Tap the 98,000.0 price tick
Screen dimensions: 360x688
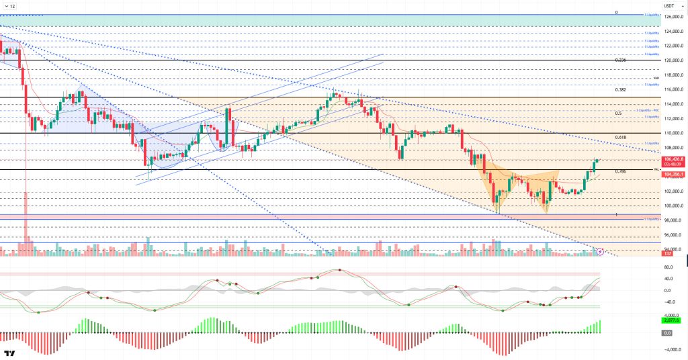tap(673, 220)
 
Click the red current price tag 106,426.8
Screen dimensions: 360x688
tap(673, 159)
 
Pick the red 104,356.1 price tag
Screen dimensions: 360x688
tap(673, 175)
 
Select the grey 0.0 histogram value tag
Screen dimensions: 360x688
tap(668, 332)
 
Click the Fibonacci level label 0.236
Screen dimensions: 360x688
tap(620, 60)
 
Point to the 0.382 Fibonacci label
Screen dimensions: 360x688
tap(620, 89)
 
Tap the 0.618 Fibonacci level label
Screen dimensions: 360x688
tap(620, 137)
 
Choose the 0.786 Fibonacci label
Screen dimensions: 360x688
tap(620, 171)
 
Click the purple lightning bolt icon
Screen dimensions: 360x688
tap(600, 251)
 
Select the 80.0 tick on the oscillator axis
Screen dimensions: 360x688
tap(669, 267)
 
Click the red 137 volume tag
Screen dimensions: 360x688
tap(668, 254)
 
